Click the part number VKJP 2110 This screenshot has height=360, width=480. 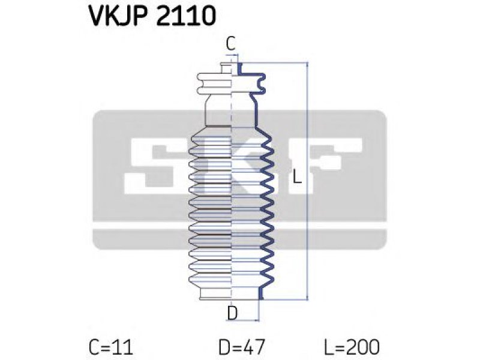pos(152,16)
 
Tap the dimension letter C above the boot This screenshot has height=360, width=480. pos(230,43)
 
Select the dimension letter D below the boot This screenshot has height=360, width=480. pos(233,313)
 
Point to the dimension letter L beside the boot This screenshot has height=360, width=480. pos(296,176)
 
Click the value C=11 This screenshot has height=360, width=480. pos(111,347)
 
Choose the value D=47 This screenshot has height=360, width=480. pos(242,347)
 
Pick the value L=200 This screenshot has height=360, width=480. pos(352,347)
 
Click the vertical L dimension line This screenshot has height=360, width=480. pos(307,181)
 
